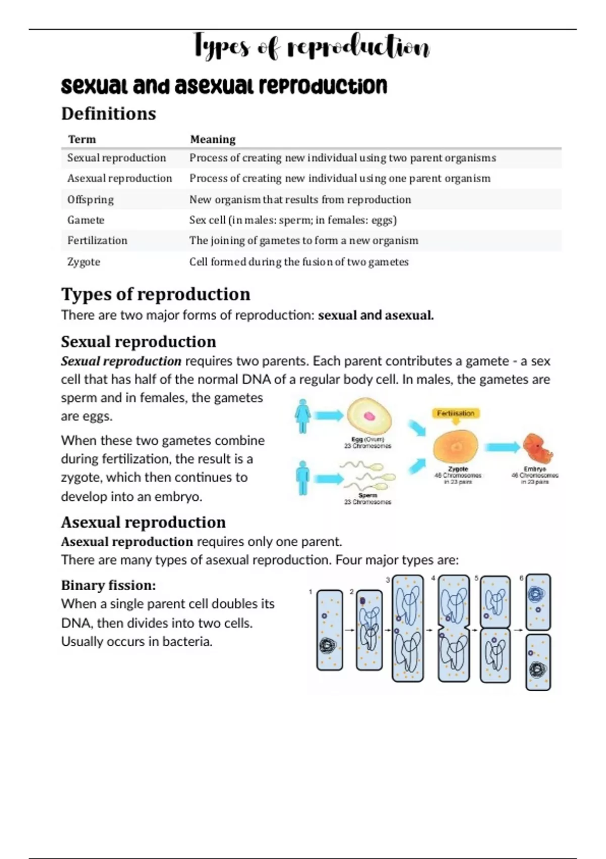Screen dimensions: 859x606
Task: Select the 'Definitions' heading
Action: (x=109, y=114)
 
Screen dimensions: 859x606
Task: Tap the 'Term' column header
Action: (x=82, y=139)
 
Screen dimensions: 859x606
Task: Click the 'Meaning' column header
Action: (x=213, y=139)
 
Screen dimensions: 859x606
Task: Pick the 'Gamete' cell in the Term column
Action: (x=86, y=220)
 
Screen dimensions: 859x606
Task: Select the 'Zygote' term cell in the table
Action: (x=84, y=262)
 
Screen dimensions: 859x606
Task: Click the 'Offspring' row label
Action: (x=90, y=200)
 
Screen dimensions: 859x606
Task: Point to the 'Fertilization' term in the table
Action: (x=97, y=241)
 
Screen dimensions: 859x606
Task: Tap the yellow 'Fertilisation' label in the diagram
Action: (x=456, y=413)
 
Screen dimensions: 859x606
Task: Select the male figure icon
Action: (x=303, y=478)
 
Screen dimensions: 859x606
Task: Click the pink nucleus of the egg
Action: (x=370, y=416)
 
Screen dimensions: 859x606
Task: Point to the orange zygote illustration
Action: (x=456, y=448)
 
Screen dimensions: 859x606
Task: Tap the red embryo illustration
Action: (x=537, y=448)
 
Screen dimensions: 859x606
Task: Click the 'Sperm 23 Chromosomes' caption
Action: (x=368, y=499)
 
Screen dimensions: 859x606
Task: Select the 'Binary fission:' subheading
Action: (x=109, y=585)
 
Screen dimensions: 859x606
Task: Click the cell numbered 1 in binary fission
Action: (x=329, y=630)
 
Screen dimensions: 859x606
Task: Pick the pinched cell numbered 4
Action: (x=454, y=628)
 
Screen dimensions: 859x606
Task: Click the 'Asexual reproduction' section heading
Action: (x=143, y=522)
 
